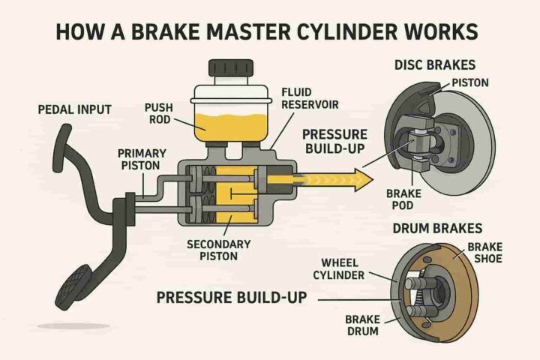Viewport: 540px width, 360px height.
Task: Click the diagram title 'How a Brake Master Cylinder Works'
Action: point(270,34)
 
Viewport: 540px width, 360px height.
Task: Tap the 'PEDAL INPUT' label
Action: point(74,109)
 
